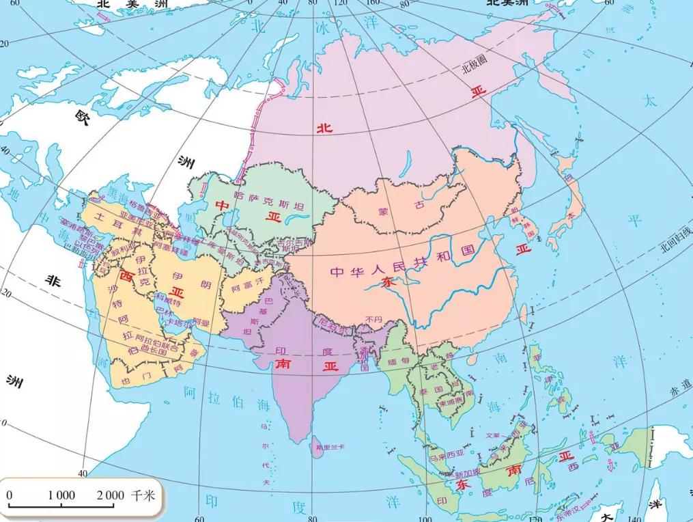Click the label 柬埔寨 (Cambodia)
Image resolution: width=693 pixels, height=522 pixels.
451,402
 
